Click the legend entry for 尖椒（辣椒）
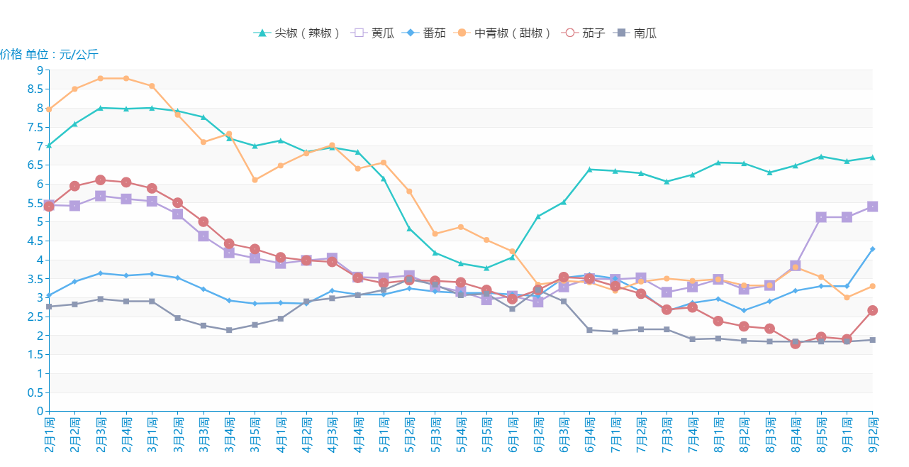[298, 33]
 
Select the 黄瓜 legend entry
[374, 33]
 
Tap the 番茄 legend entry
[425, 33]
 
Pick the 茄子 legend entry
[584, 33]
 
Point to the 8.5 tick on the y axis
[34, 89]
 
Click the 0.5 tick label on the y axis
[34, 392]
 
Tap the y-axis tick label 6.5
[34, 165]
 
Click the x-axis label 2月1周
[49, 435]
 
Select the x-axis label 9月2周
[873, 435]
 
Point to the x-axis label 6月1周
[512, 435]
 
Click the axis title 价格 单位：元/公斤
[50, 55]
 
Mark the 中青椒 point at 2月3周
[101, 78]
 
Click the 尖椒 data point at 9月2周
[873, 157]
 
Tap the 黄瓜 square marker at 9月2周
[873, 207]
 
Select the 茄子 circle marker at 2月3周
[101, 180]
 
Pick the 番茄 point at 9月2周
[873, 249]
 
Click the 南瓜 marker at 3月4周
[229, 330]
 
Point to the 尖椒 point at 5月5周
[486, 268]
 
